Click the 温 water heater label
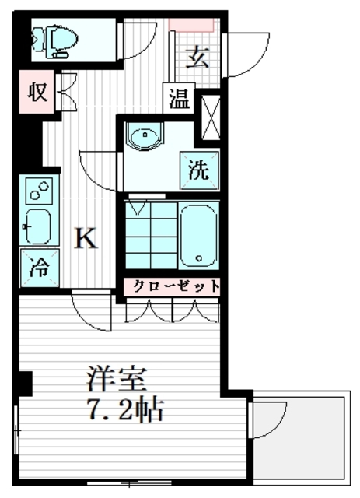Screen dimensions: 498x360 tap(179, 100)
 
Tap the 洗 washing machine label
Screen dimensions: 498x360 tap(199, 170)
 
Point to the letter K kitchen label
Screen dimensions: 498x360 tap(85, 238)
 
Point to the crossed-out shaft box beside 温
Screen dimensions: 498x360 tap(209, 117)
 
